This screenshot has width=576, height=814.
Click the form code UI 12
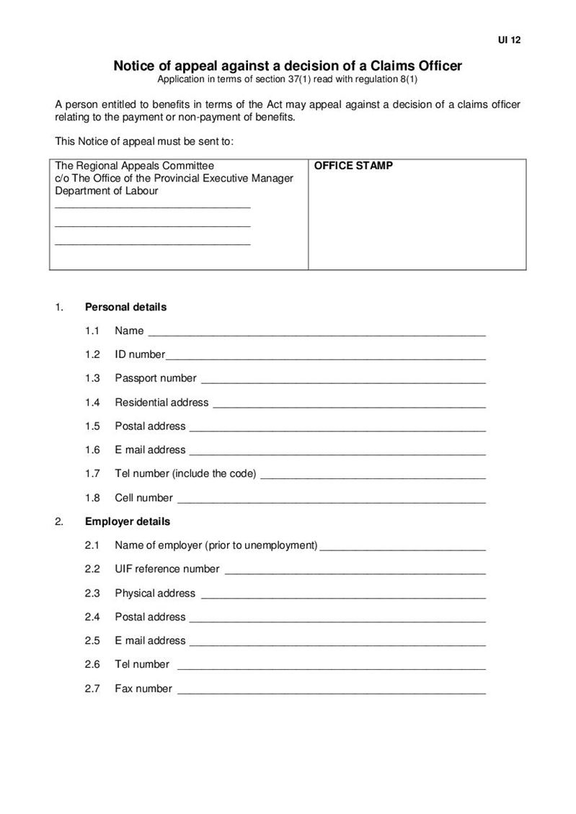pyautogui.click(x=509, y=40)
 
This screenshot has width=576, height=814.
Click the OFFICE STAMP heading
pyautogui.click(x=353, y=166)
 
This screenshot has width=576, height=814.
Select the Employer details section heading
pyautogui.click(x=128, y=521)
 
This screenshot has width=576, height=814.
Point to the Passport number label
pyautogui.click(x=155, y=378)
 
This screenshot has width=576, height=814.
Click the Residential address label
pyautogui.click(x=161, y=402)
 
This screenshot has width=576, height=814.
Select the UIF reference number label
pyautogui.click(x=167, y=569)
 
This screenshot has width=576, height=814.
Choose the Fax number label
pyautogui.click(x=143, y=689)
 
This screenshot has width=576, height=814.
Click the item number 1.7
pyautogui.click(x=92, y=474)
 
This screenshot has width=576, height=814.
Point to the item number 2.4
pyautogui.click(x=92, y=617)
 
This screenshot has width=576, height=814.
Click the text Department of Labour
pyautogui.click(x=107, y=191)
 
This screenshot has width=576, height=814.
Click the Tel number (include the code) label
pyautogui.click(x=185, y=474)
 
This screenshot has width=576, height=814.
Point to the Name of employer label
pyautogui.click(x=216, y=545)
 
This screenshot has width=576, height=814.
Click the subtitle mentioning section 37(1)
pyautogui.click(x=288, y=79)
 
